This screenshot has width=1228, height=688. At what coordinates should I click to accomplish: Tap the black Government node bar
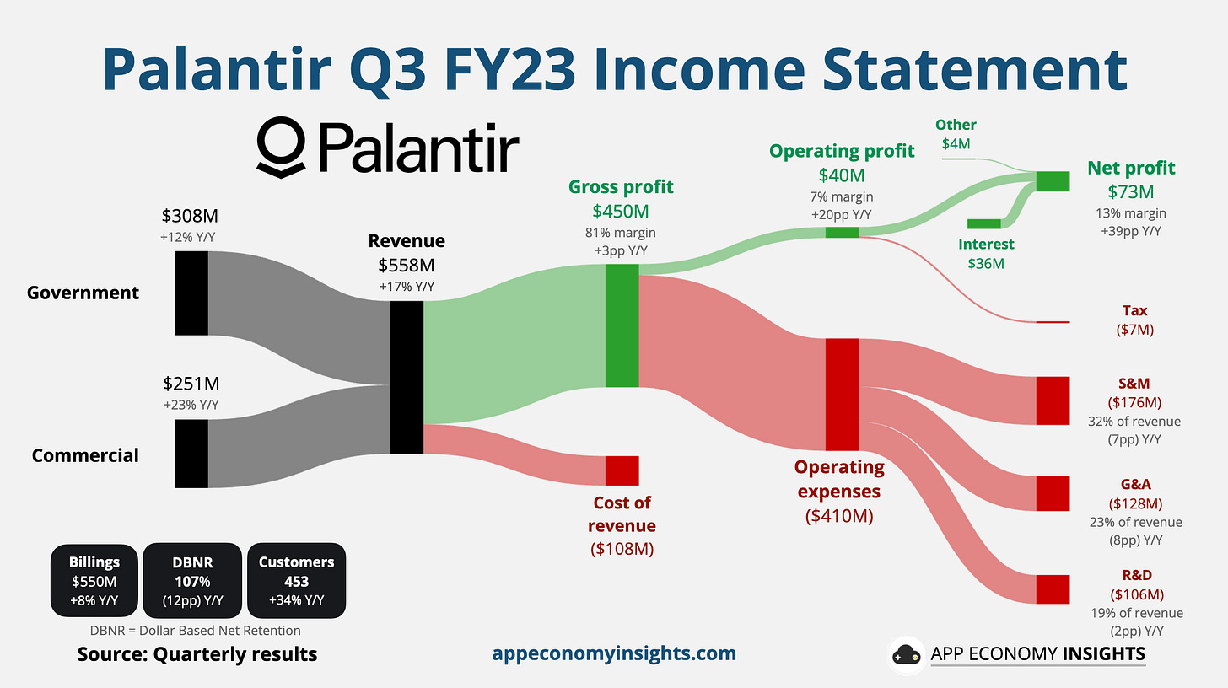click(x=191, y=293)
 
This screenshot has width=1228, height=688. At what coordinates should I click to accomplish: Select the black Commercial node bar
click(x=191, y=454)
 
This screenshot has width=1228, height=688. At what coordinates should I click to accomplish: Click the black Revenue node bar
click(x=407, y=377)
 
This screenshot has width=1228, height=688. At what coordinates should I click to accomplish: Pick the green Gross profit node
click(x=622, y=325)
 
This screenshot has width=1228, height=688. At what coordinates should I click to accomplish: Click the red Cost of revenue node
click(x=622, y=470)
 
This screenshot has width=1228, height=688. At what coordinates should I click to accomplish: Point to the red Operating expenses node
click(x=842, y=395)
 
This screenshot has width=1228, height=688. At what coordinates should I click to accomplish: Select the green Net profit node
click(x=1053, y=181)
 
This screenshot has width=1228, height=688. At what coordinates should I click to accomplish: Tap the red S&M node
click(x=1053, y=400)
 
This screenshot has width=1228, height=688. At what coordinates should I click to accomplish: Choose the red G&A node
click(x=1053, y=493)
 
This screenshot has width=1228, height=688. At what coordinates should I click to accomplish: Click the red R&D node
click(x=1053, y=589)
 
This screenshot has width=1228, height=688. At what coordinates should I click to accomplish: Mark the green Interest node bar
click(x=983, y=223)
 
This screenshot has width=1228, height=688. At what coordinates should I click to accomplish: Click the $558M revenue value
click(x=412, y=266)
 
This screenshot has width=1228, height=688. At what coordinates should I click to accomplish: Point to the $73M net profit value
click(x=1132, y=191)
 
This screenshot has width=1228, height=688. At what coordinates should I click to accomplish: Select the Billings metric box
click(x=94, y=581)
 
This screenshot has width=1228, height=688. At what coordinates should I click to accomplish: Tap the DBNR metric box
click(x=192, y=581)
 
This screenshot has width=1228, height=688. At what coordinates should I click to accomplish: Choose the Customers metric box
click(x=296, y=581)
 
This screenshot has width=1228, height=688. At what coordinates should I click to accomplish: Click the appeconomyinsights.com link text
click(x=613, y=653)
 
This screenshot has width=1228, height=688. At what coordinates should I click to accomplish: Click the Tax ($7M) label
click(x=1134, y=320)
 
